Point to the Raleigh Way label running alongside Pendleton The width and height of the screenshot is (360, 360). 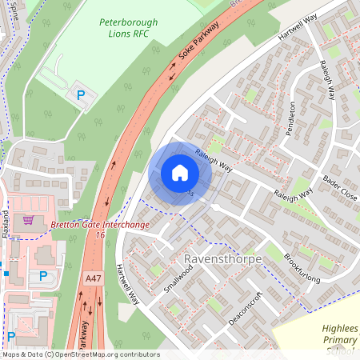[x=326, y=79]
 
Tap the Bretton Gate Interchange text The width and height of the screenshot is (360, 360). [x=100, y=226]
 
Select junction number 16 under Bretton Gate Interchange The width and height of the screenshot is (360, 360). [x=100, y=236]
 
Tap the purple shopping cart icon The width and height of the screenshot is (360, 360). [x=30, y=218]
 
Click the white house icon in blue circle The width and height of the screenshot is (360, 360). [x=180, y=173]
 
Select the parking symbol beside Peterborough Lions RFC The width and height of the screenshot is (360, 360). [x=80, y=94]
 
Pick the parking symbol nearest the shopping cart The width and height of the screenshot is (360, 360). [x=44, y=276]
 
